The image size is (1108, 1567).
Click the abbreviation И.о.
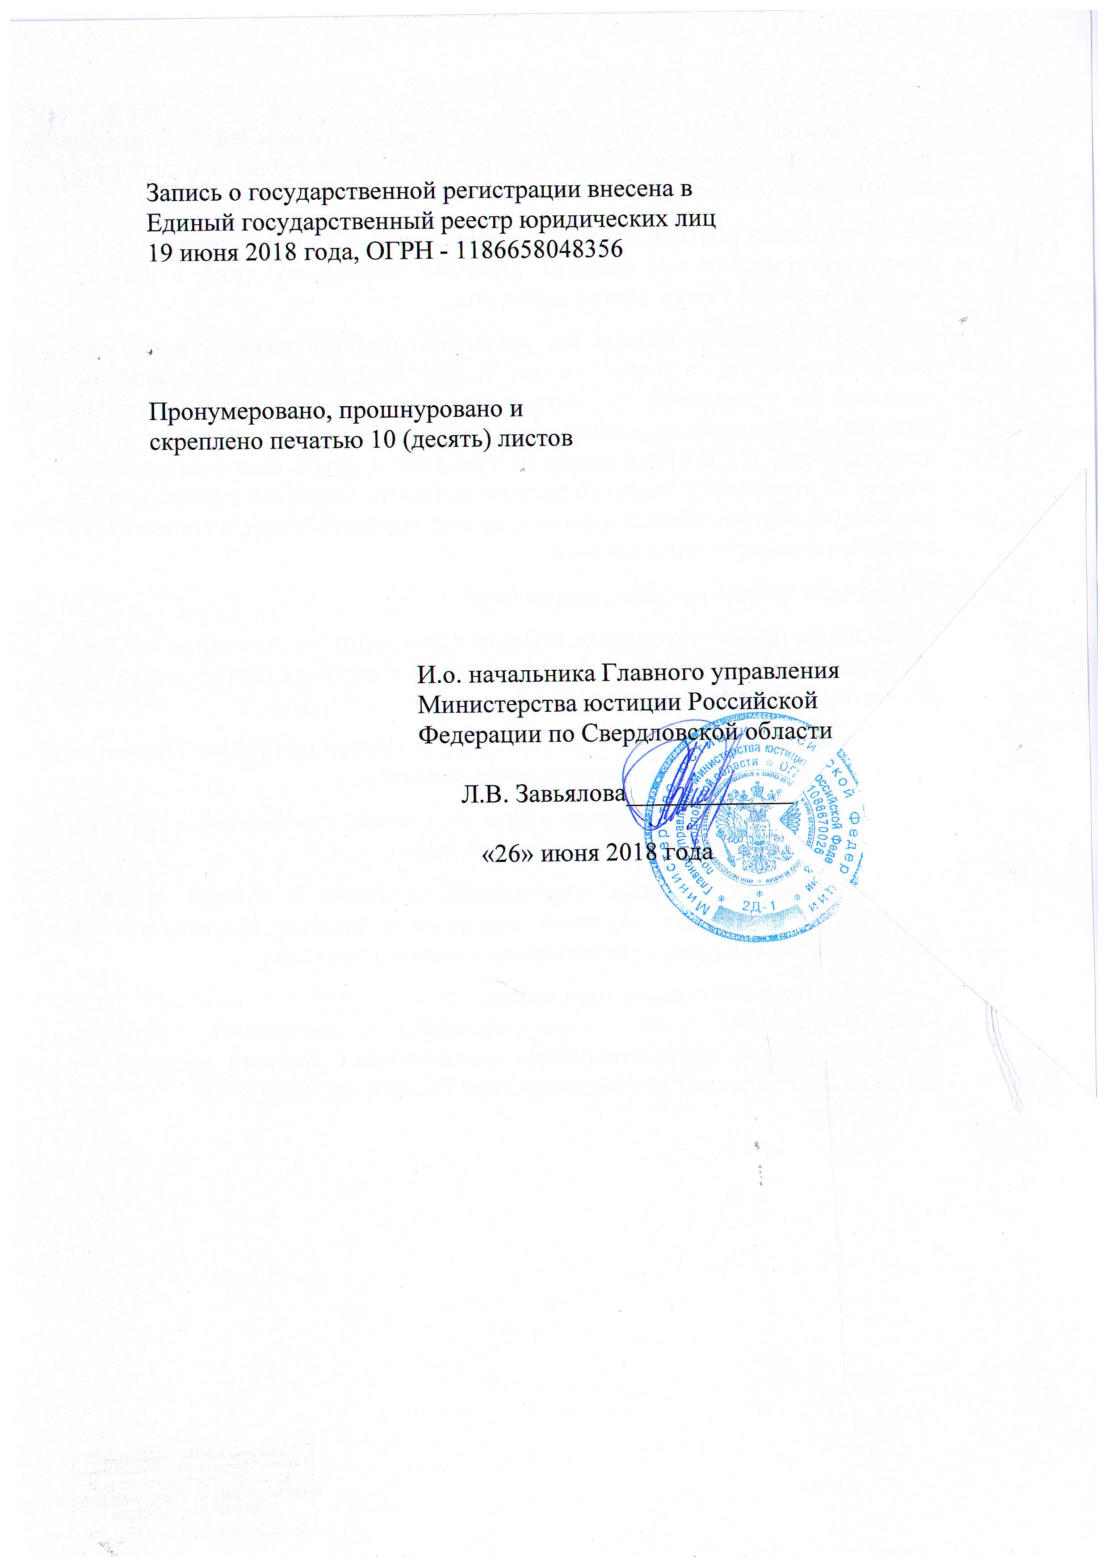[x=439, y=674]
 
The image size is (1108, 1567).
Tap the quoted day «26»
[x=508, y=853]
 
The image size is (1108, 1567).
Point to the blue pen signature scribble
[x=682, y=785]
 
